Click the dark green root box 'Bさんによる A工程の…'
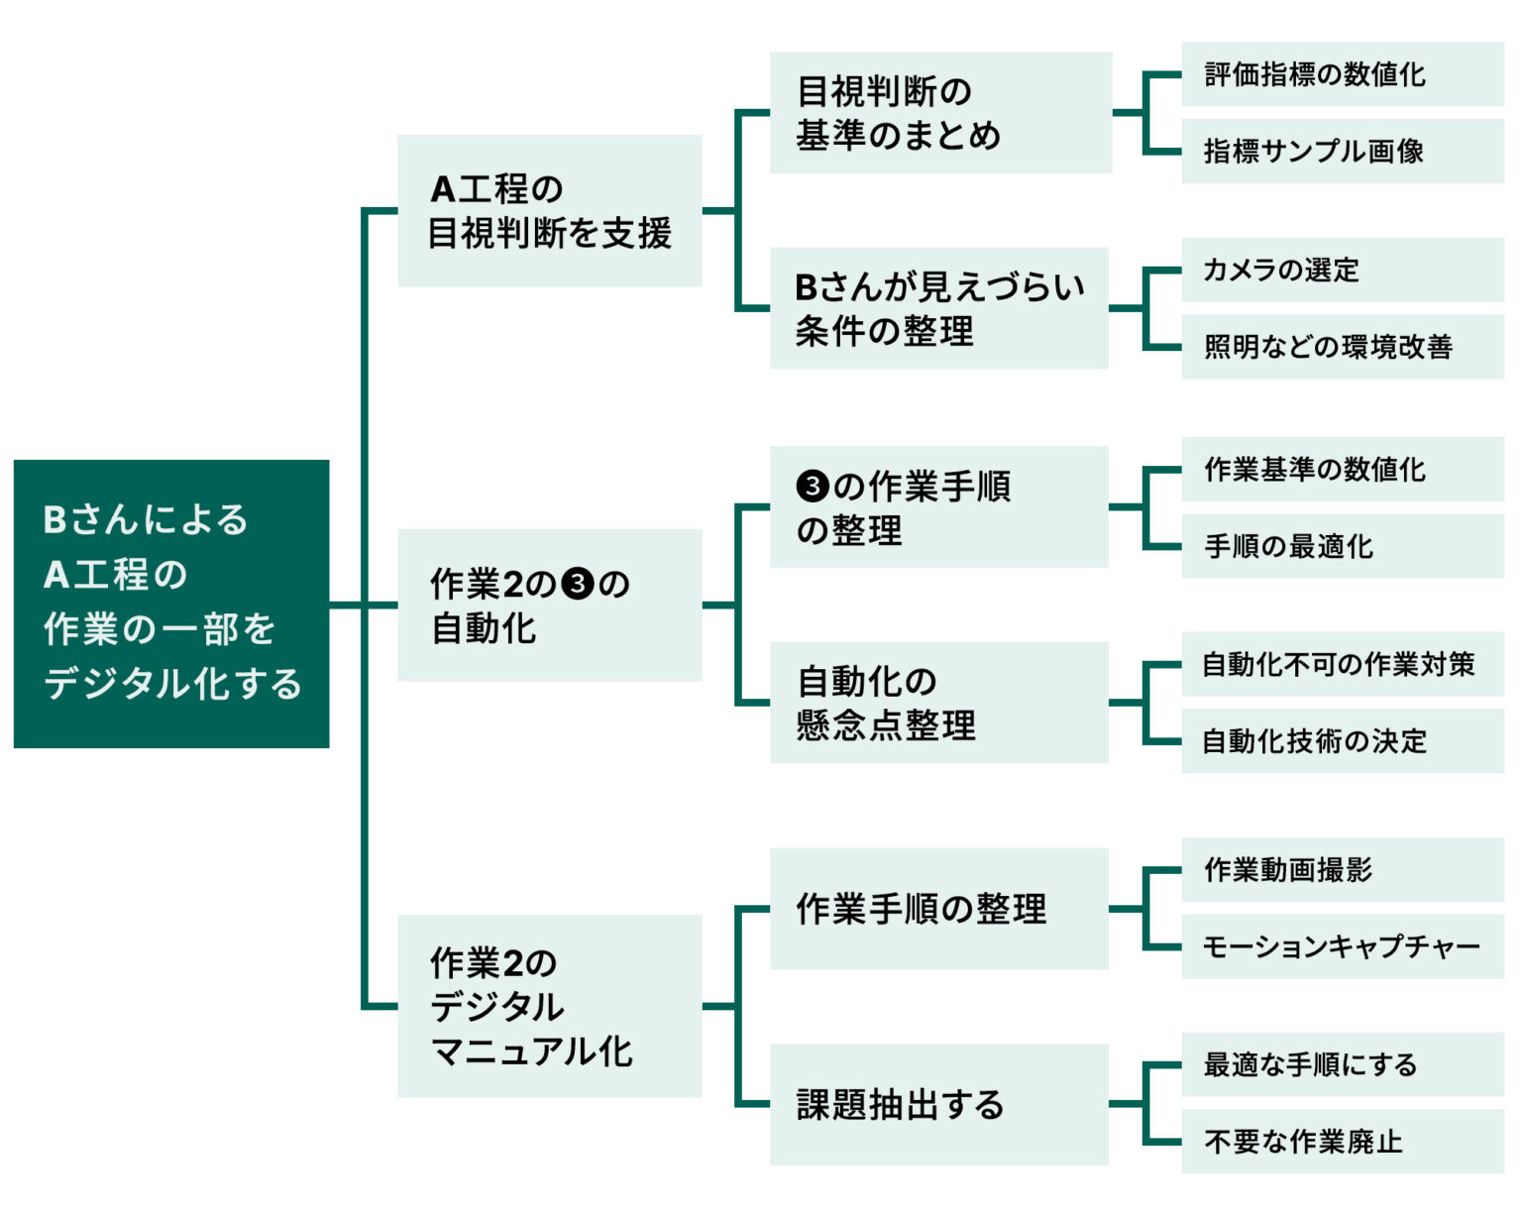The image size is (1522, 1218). [x=171, y=603]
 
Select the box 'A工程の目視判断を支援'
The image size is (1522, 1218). [x=549, y=210]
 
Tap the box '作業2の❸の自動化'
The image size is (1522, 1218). [x=549, y=605]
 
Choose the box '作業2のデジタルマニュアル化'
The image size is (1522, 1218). [x=549, y=1005]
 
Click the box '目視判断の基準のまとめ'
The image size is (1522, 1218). [x=939, y=112]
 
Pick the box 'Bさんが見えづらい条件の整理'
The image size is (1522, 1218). [x=938, y=307]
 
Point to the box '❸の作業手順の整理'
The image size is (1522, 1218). [x=938, y=506]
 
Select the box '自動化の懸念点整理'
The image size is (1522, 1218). [x=938, y=702]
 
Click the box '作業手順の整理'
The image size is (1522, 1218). [x=938, y=908]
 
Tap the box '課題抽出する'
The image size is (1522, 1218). [x=938, y=1103]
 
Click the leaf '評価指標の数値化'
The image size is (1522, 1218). [x=1342, y=74]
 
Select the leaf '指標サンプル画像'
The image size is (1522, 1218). [x=1342, y=151]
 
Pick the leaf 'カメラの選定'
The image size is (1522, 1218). [x=1342, y=270]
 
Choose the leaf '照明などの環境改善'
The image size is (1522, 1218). [x=1342, y=346]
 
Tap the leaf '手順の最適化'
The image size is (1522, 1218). [x=1342, y=545]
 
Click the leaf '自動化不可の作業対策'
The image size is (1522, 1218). [x=1342, y=664]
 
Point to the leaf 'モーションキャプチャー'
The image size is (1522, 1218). [x=1342, y=946]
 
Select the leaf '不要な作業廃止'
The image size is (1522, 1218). [x=1342, y=1141]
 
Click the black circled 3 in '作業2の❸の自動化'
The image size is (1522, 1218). [x=577, y=584]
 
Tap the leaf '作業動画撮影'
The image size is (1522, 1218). [x=1342, y=869]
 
